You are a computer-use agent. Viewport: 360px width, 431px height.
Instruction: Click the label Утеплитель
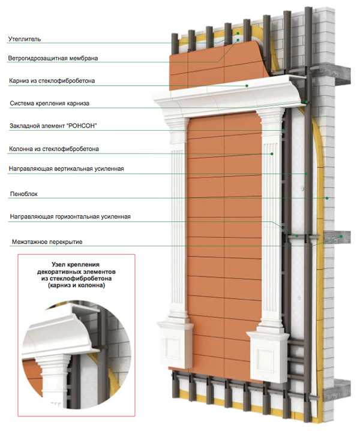[x=25, y=39]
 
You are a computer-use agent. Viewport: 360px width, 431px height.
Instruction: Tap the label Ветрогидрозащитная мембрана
[x=53, y=58]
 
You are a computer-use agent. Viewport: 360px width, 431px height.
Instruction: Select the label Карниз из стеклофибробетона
[x=52, y=81]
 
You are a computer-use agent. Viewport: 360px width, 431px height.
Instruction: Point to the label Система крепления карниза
[x=50, y=103]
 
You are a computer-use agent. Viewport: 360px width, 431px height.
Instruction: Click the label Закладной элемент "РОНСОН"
[x=53, y=126]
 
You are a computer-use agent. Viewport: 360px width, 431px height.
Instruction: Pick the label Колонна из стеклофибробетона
[x=54, y=149]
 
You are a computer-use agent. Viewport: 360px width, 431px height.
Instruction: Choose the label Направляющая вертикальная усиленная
[x=67, y=168]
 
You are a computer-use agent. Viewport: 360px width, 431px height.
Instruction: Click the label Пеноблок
[x=23, y=194]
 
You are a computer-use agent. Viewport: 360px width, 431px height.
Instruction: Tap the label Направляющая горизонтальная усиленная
[x=70, y=216]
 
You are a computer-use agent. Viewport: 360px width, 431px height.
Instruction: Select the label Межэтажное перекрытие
[x=47, y=242]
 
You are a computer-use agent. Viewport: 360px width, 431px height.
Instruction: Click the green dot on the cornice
[x=247, y=86]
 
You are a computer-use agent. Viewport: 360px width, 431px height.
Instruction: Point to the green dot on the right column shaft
[x=272, y=153]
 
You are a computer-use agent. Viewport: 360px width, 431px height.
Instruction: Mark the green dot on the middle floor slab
[x=341, y=236]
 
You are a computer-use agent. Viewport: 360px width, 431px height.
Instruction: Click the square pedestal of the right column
[x=268, y=356]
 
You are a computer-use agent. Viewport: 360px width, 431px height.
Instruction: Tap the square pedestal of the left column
[x=175, y=345]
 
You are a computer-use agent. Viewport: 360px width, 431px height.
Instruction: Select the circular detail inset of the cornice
[x=76, y=355]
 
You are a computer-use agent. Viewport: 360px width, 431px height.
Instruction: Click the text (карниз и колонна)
[x=76, y=285]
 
